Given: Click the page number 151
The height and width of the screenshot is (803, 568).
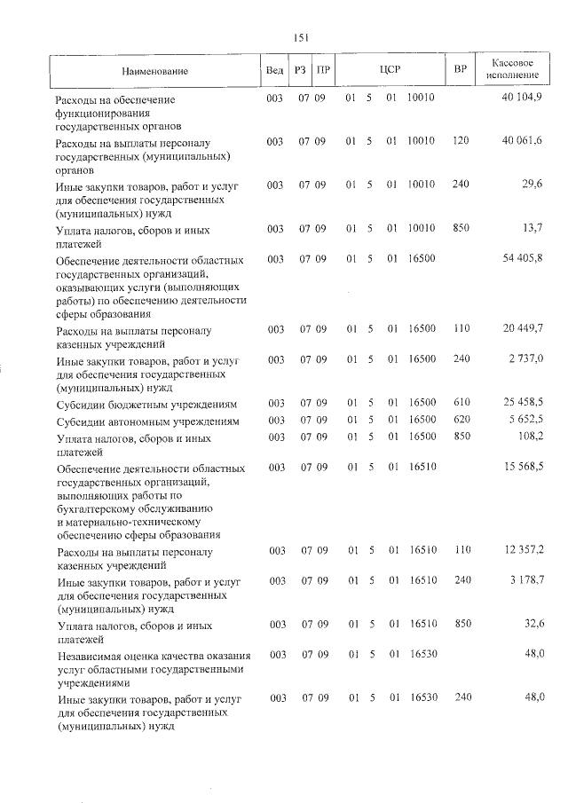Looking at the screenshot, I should point(300,36).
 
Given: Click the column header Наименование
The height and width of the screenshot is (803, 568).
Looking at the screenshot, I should point(155,70).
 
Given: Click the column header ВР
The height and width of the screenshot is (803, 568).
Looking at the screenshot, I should point(460,69).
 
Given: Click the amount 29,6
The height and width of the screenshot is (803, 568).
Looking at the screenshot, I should point(531,184).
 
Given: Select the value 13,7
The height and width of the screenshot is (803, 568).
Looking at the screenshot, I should point(531,228).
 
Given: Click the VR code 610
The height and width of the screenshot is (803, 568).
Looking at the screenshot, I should point(460,402).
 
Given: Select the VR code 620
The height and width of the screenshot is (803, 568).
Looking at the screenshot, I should point(460,419).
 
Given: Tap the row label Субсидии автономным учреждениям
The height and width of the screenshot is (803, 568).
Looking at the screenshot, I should point(147,421).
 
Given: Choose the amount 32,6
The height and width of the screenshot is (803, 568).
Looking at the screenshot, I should point(531,625).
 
